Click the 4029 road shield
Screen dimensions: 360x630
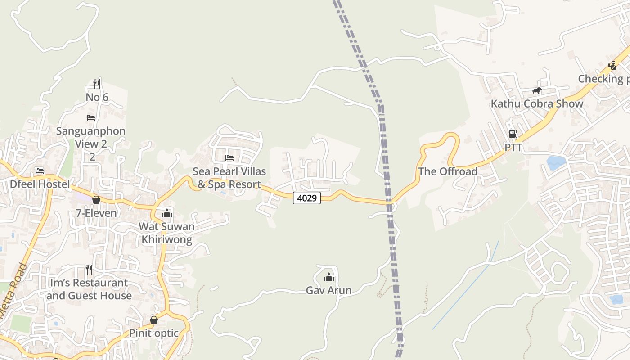(307, 198)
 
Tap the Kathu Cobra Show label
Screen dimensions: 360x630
(537, 103)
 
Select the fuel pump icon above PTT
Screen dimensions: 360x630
(513, 134)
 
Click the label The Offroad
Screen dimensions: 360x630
(448, 171)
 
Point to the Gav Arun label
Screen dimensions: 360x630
(329, 290)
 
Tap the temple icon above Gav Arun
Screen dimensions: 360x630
(329, 277)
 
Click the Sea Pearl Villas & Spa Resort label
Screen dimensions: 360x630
(229, 178)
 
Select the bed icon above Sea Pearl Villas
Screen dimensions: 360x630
(229, 157)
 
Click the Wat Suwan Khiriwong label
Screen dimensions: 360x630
(167, 233)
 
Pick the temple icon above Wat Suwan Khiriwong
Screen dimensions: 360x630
(167, 213)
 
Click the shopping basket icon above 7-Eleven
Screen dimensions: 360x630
(96, 200)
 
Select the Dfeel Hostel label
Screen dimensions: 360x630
(40, 184)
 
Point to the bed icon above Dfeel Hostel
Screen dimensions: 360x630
(40, 171)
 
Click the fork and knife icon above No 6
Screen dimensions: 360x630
(97, 83)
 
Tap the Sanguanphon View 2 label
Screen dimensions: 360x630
(91, 138)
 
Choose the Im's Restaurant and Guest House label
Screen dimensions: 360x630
(89, 289)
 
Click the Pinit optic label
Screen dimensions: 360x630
(154, 333)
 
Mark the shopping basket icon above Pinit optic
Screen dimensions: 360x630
(154, 320)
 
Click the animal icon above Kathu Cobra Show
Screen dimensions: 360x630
(537, 91)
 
